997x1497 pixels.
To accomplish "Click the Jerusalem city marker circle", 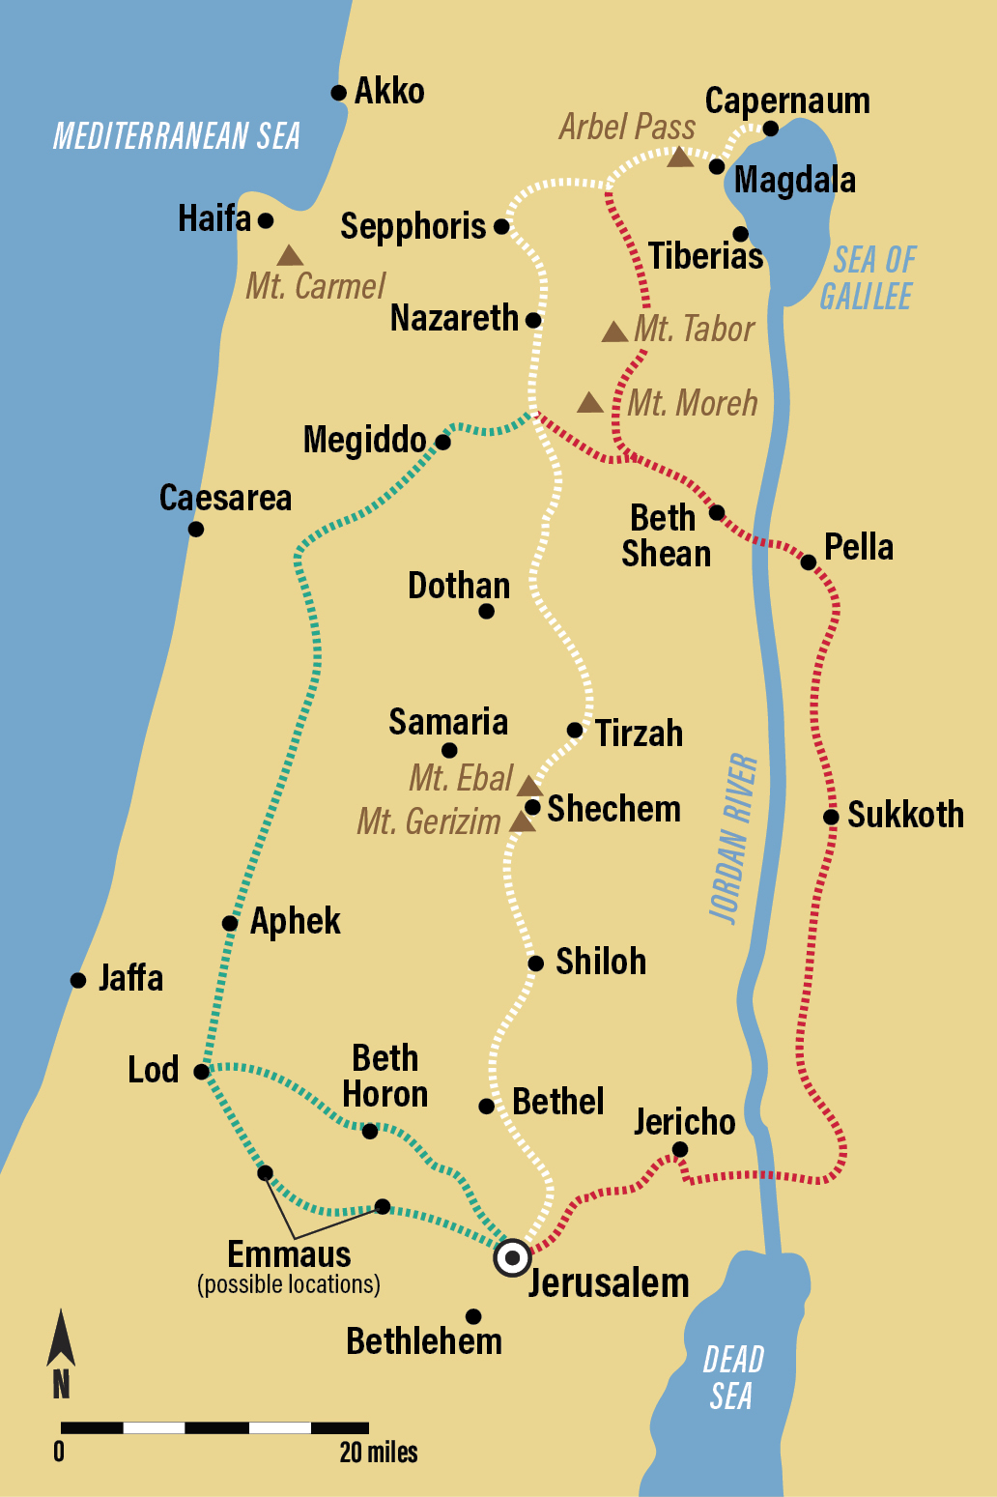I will click(512, 1258).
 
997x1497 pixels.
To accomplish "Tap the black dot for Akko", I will click(338, 93).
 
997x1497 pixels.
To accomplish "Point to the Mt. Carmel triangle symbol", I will click(290, 256).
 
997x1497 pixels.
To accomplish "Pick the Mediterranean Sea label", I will click(176, 136).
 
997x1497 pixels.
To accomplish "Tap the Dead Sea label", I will click(732, 1377).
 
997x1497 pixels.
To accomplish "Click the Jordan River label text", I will click(733, 838).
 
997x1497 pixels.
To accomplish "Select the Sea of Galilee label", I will click(869, 277).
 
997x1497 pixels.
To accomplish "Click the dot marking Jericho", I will click(680, 1149).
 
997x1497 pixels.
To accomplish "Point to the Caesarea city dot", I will click(196, 529).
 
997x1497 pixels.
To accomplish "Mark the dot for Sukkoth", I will click(831, 817).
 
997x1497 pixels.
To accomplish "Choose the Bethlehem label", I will click(424, 1341).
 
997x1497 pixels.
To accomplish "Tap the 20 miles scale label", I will click(379, 1452).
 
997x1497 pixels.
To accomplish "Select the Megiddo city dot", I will click(442, 443).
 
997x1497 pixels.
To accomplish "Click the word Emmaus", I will click(289, 1254).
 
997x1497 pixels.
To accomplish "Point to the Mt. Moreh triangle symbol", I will click(590, 403).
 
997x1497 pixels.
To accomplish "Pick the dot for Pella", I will click(809, 561).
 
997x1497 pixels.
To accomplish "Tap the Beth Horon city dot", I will click(370, 1131).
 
